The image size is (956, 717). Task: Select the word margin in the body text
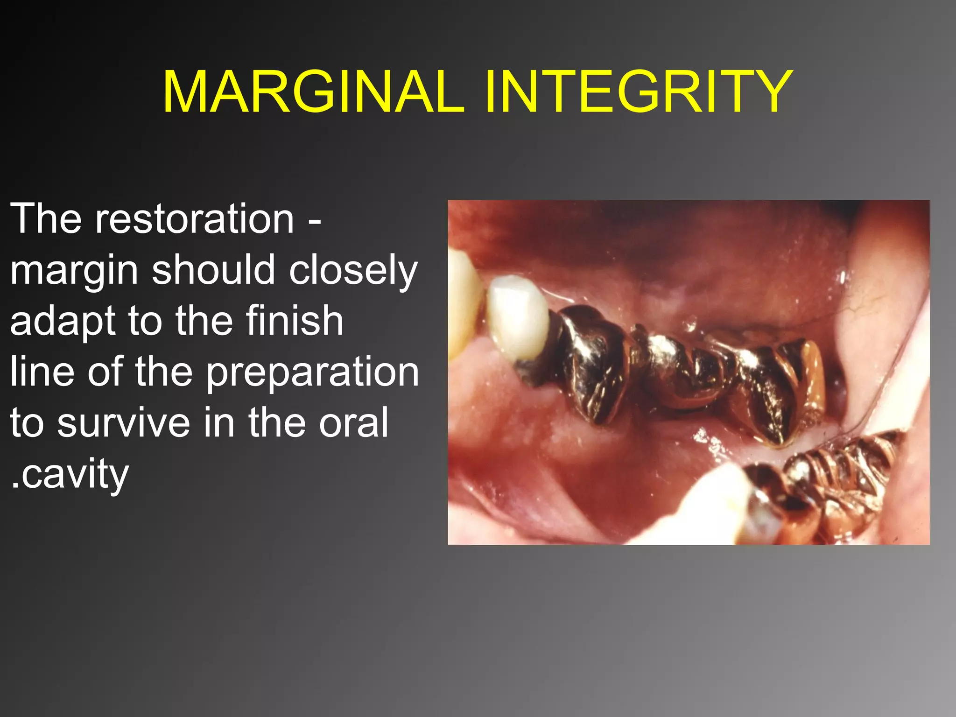74,271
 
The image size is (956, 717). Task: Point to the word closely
353,271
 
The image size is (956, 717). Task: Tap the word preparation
312,373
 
